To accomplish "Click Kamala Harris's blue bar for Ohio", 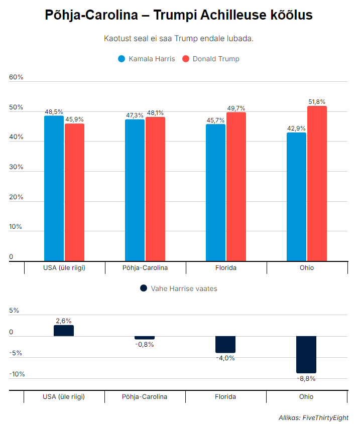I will [296, 197].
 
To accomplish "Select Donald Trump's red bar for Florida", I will [236, 186].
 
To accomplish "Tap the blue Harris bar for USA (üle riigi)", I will [54, 188].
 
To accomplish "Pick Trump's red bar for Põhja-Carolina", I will [155, 189].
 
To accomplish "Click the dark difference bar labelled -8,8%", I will [306, 354].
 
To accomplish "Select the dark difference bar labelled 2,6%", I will [64, 331].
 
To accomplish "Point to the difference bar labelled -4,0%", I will [225, 344].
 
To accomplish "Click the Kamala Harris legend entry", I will [147, 59].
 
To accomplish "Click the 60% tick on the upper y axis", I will [17, 77].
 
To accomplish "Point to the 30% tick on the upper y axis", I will [17, 167].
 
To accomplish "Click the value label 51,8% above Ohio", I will [317, 102].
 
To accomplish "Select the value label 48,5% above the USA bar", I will [54, 112].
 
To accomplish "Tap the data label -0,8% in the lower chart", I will [145, 344].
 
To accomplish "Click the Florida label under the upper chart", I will [225, 267].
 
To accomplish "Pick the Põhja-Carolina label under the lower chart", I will [145, 396].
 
